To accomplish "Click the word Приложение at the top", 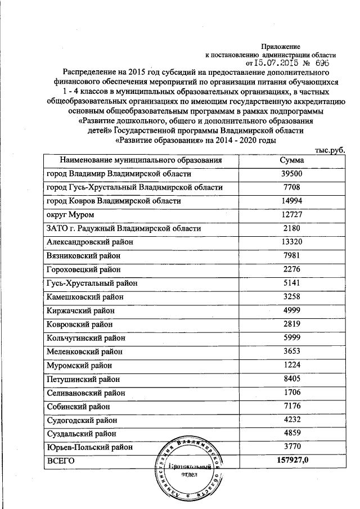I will [281, 46].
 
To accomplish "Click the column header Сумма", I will [292, 160].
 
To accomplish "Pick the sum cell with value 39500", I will [292, 174].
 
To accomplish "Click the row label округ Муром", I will [70, 215].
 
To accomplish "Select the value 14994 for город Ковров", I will [292, 201].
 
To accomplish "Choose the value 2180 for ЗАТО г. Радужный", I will [292, 228].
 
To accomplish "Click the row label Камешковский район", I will [84, 296].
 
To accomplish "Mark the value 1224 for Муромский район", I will [292, 364].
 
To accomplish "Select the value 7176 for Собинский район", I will [292, 406].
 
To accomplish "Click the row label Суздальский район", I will [82, 433].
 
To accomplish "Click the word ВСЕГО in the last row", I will [60, 461].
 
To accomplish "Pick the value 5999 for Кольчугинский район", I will [292, 337].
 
